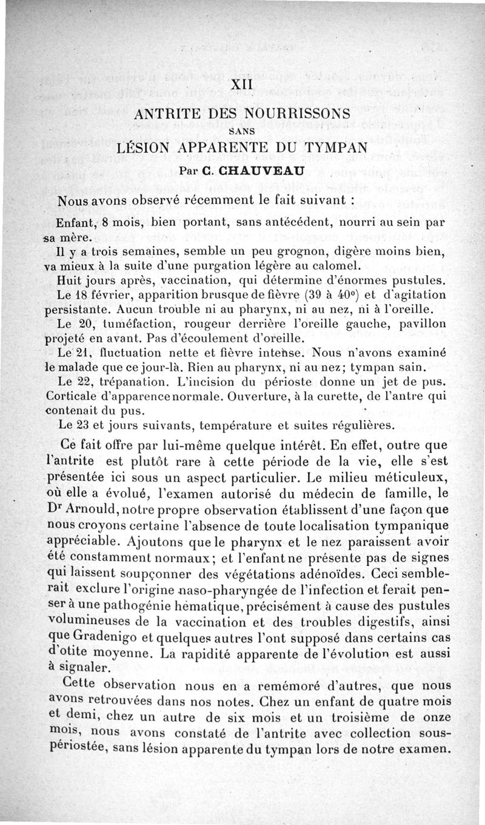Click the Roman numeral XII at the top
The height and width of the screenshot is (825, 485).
pos(242,86)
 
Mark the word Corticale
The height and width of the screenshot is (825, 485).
pos(74,396)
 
